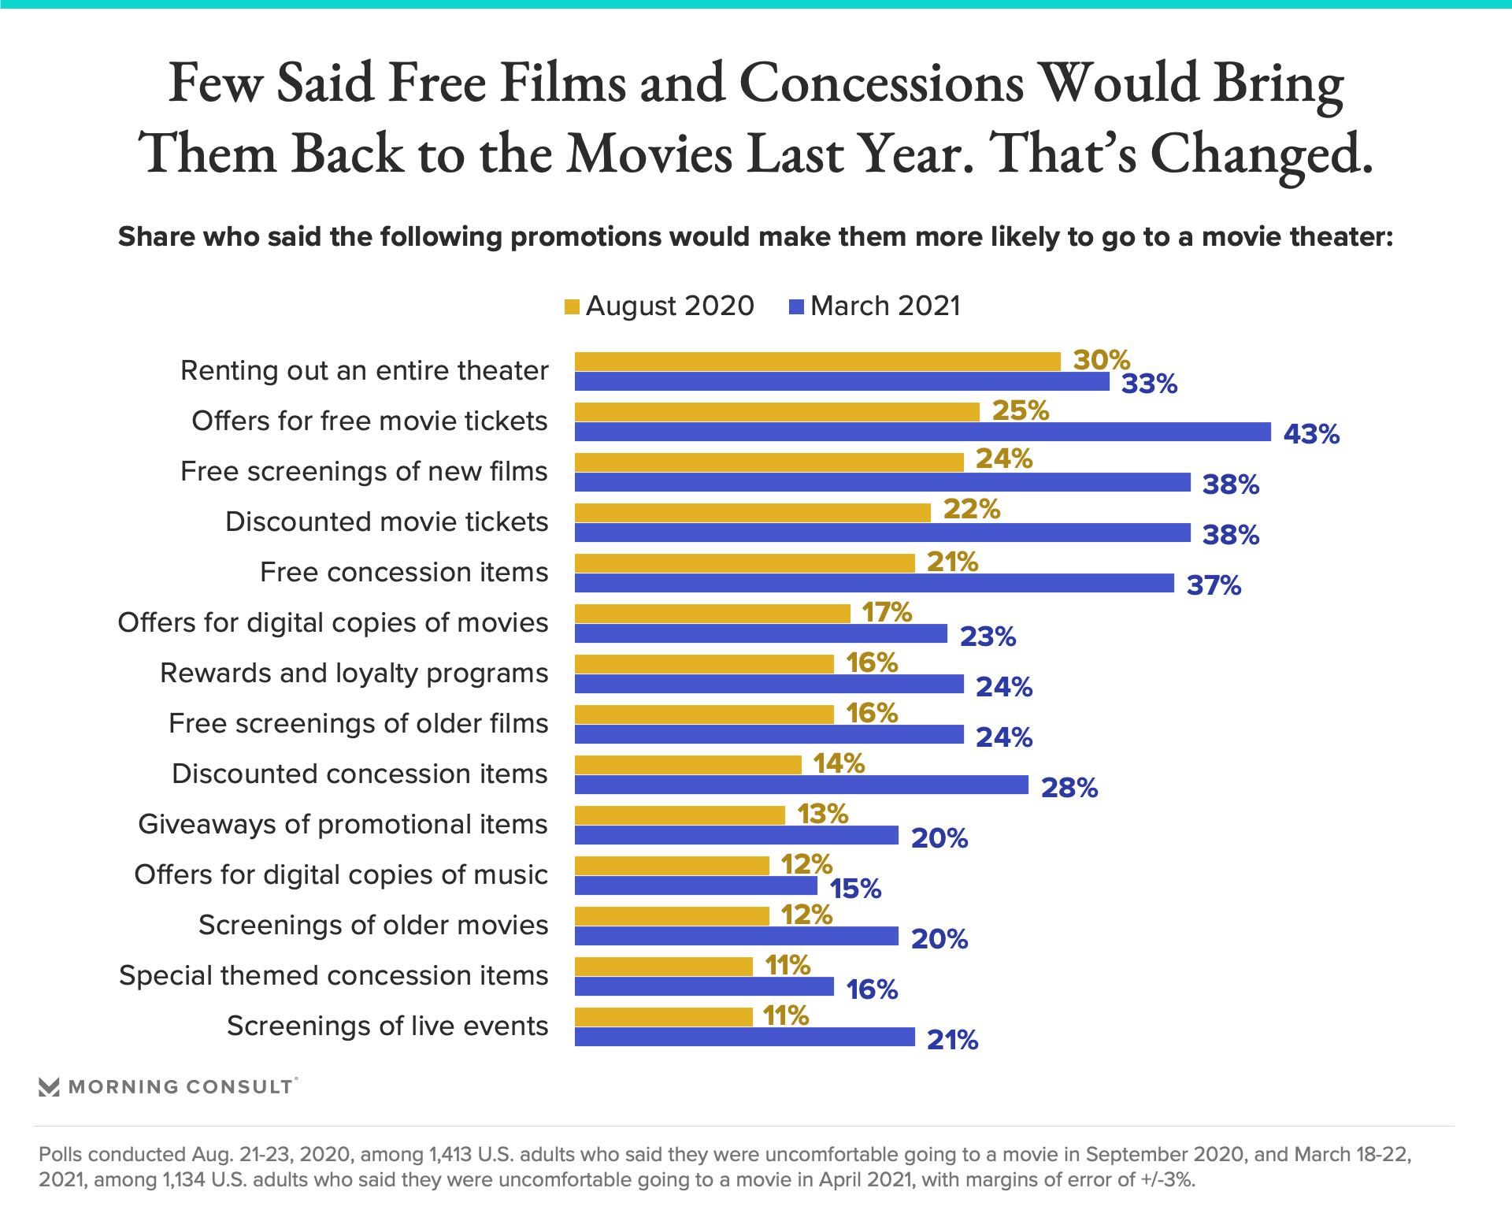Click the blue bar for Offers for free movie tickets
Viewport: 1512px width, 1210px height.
pos(922,432)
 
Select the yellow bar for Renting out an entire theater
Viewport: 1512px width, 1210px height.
pos(817,362)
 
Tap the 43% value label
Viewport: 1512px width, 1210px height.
pos(1311,434)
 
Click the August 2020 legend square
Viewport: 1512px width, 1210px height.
pos(573,306)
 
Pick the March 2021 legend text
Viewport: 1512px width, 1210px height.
pos(885,306)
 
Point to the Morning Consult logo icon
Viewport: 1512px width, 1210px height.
pos(49,1087)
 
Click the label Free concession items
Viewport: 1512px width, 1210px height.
pos(403,572)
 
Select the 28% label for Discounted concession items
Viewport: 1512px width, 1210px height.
pos(1069,788)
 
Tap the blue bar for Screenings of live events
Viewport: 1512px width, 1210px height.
pos(744,1037)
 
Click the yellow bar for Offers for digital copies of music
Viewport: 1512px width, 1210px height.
pos(672,866)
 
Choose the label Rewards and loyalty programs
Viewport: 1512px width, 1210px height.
pos(354,674)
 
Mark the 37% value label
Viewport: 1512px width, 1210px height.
pos(1214,585)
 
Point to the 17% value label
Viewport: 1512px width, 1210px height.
pos(887,612)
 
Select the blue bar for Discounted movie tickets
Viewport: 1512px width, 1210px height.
pos(882,533)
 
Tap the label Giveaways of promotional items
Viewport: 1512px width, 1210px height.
pos(343,824)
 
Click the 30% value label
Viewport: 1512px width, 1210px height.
pos(1101,360)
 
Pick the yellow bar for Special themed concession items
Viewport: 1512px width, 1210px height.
pos(663,967)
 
